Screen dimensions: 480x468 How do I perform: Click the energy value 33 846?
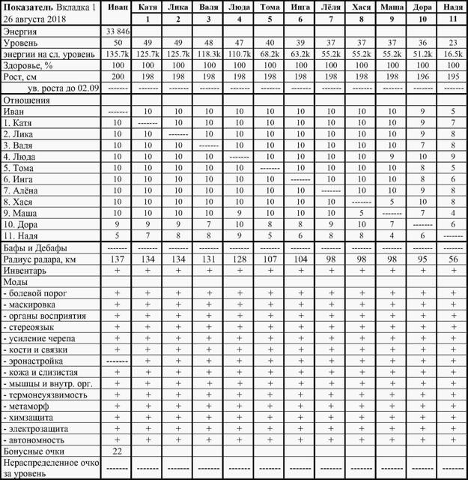click(x=118, y=31)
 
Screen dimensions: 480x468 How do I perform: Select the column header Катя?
click(x=148, y=7)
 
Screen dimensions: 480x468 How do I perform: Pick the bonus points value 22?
click(x=118, y=451)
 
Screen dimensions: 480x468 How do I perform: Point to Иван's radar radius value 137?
click(x=118, y=259)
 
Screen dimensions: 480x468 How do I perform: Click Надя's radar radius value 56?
click(x=451, y=259)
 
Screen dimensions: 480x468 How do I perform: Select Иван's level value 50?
click(x=118, y=43)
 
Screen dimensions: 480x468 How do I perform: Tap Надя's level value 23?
click(x=451, y=43)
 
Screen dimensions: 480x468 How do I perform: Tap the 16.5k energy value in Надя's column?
click(x=451, y=54)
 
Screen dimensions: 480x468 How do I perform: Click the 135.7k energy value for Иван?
click(x=118, y=54)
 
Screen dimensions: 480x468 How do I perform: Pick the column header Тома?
click(x=270, y=7)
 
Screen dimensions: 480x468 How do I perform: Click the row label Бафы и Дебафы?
click(x=35, y=247)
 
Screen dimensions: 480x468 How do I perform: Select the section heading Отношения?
click(x=28, y=99)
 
